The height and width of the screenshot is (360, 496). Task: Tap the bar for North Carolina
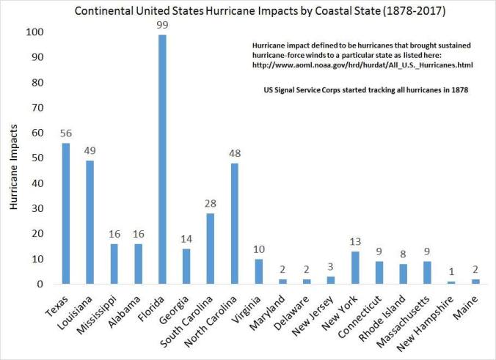[x=234, y=224]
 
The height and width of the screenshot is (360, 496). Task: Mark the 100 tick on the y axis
[x=34, y=32]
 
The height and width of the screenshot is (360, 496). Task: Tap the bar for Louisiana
[x=90, y=222]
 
